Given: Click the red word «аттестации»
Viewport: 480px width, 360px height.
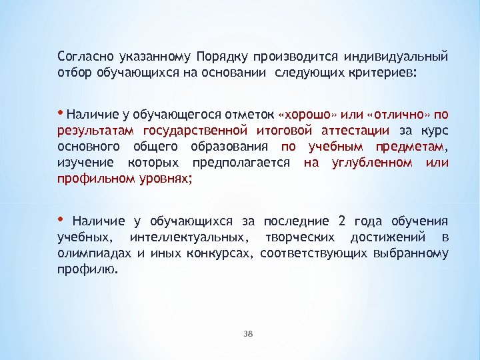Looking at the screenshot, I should [347, 129].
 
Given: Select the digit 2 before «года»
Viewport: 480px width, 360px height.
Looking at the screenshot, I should [341, 221].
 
